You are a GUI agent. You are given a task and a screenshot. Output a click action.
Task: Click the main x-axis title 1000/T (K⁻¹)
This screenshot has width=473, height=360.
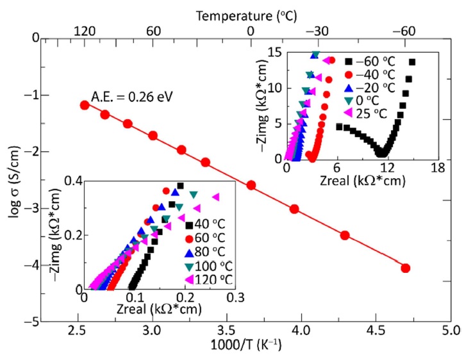246,347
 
